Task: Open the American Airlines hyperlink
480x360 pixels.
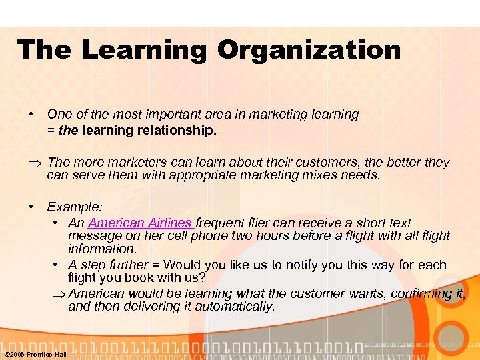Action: (140, 223)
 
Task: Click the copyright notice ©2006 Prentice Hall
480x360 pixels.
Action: (35, 354)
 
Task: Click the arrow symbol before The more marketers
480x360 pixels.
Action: (35, 163)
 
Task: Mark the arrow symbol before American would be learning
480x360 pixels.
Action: (58, 294)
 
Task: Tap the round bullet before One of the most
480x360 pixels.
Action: (32, 114)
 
